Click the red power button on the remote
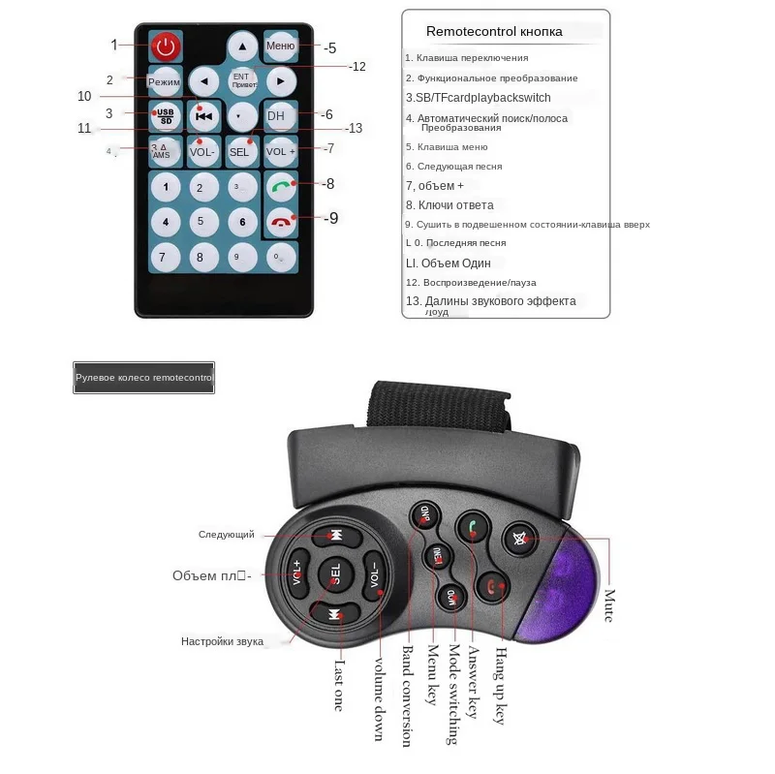(165, 45)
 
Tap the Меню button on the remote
(280, 46)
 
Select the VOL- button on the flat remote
(202, 151)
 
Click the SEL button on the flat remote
(239, 151)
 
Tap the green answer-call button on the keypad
(281, 186)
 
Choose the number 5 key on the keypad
(201, 222)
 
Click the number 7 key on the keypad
(165, 258)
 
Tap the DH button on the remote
(277, 115)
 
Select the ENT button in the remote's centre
(240, 79)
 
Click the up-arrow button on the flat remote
(242, 46)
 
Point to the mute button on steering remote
(520, 539)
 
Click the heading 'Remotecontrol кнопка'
(494, 32)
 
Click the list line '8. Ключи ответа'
(449, 205)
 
